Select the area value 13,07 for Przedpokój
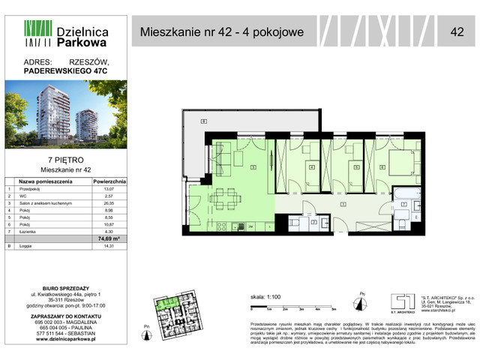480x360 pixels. [x=109, y=190]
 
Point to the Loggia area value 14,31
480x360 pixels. [x=109, y=246]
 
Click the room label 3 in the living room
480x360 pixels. [x=253, y=166]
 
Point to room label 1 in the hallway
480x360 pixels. [x=342, y=203]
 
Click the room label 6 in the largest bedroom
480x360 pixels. [x=381, y=167]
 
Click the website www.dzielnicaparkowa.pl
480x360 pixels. [x=66, y=340]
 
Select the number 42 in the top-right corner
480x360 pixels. [x=457, y=31]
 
